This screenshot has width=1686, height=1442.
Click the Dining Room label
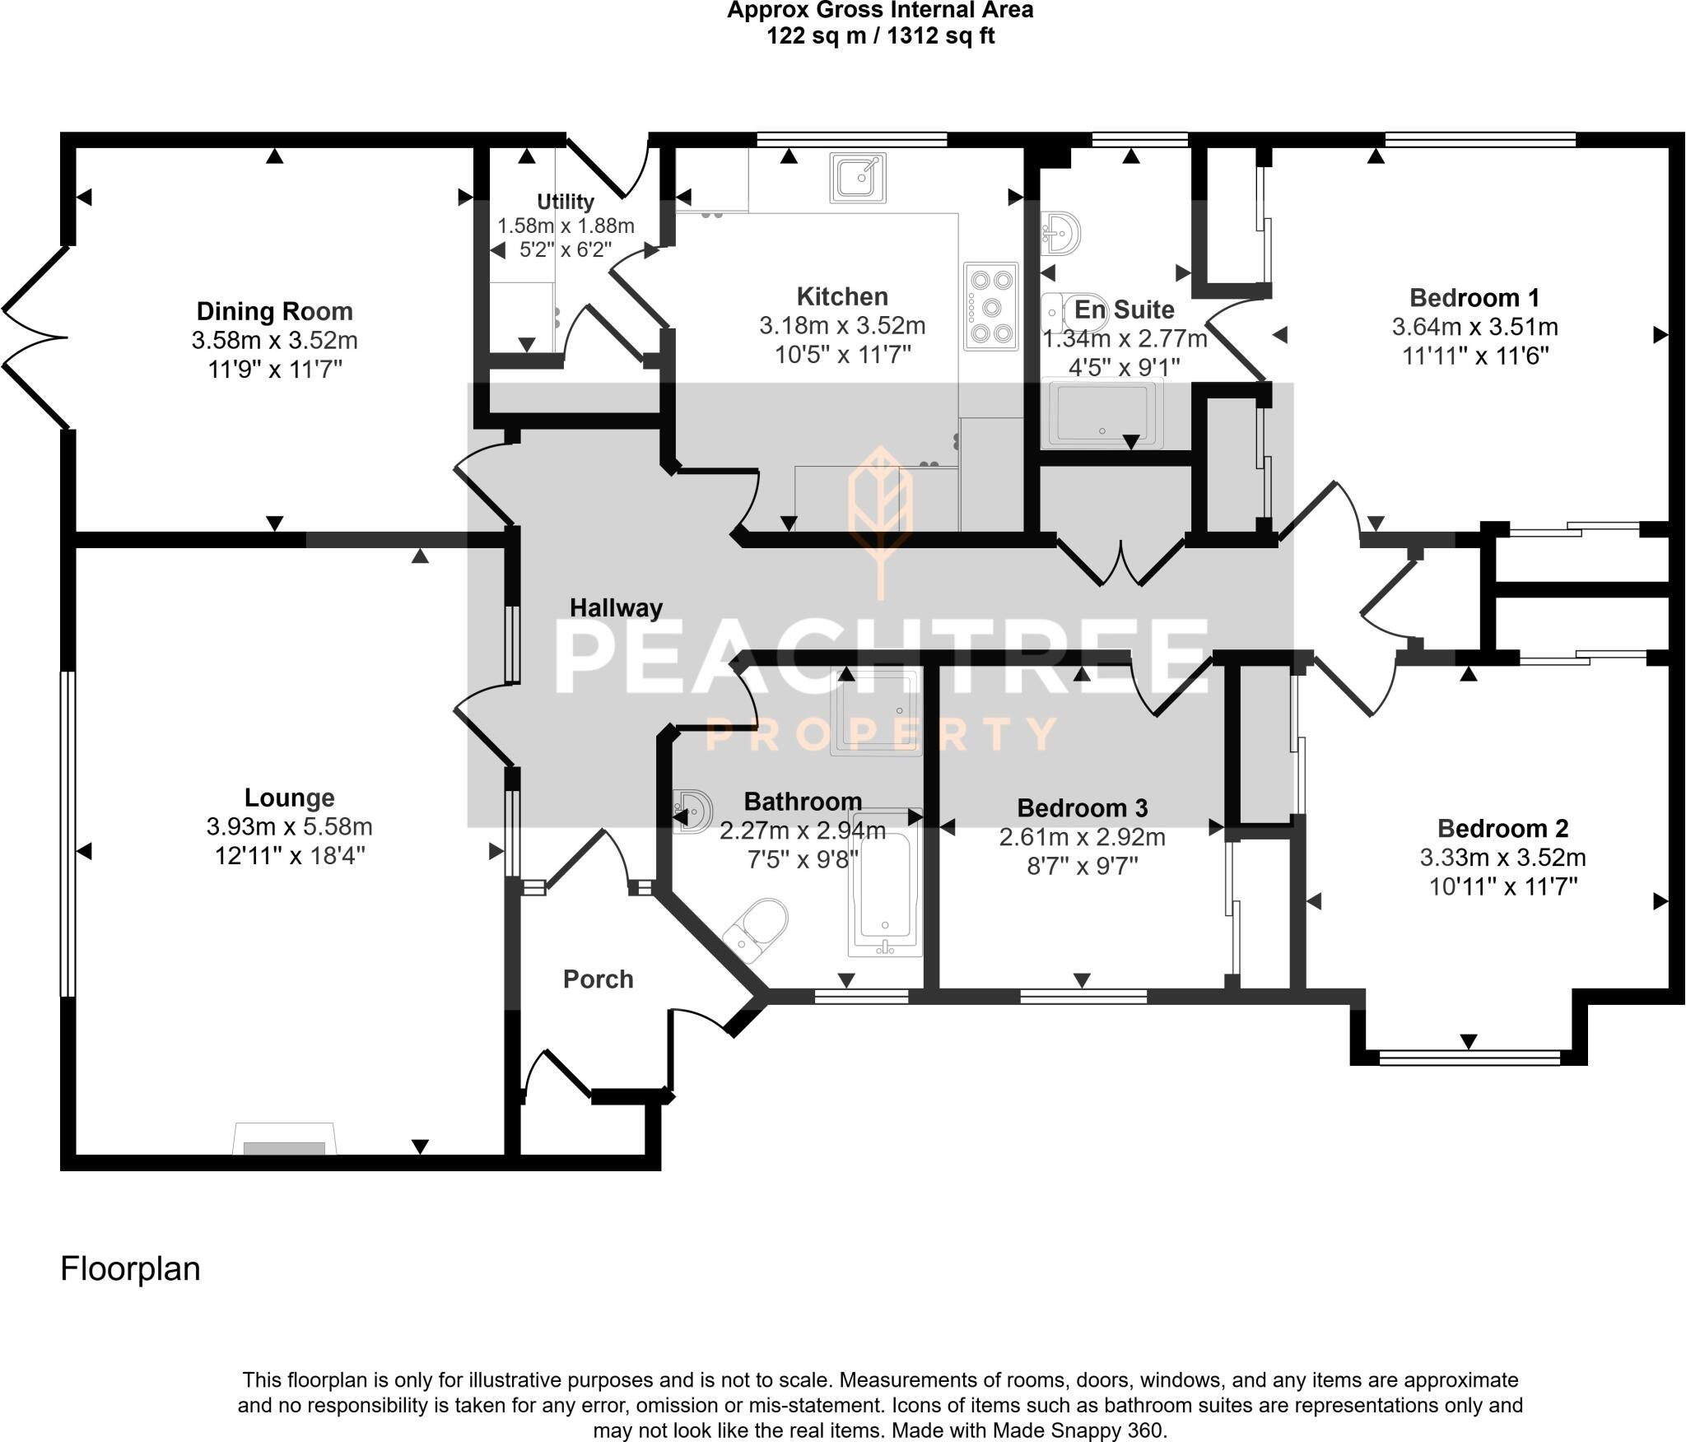274,311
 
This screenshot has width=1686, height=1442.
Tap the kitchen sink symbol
858,178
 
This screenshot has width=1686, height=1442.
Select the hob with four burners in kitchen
991,306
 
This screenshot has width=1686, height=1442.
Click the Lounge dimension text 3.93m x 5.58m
290,826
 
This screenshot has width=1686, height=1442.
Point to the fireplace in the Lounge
285,1138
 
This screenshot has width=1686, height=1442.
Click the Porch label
598,979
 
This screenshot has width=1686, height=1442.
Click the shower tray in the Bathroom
875,713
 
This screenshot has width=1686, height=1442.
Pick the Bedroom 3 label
1082,807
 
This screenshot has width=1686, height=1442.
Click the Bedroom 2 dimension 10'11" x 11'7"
1502,886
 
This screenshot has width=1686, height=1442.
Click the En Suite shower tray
1101,414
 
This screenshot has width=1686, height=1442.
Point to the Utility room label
565,202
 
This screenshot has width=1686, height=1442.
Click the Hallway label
616,608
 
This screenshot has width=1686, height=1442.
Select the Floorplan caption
130,1268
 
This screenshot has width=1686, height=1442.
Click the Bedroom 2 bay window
1469,1057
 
